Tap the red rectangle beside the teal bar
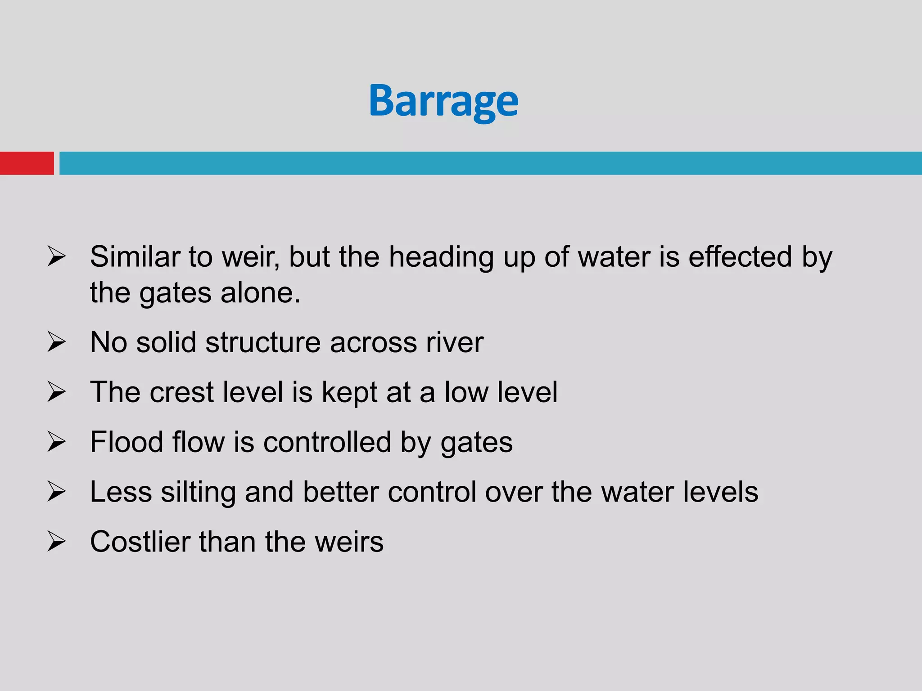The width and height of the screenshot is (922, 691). coord(27,163)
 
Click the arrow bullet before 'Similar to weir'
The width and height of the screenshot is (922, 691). coord(56,257)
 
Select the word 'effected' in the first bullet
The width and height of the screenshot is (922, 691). coord(740,257)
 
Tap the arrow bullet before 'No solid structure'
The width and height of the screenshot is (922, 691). coord(56,342)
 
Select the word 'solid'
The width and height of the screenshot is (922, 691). coord(166,342)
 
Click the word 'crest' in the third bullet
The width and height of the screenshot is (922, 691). coord(181,392)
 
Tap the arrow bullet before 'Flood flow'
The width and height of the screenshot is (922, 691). coord(56,442)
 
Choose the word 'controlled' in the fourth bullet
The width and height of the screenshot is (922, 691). coord(327,442)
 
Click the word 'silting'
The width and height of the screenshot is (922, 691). coord(198,492)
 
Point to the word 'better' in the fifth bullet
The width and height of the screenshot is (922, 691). coord(341,492)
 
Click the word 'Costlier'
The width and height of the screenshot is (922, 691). coord(140,541)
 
